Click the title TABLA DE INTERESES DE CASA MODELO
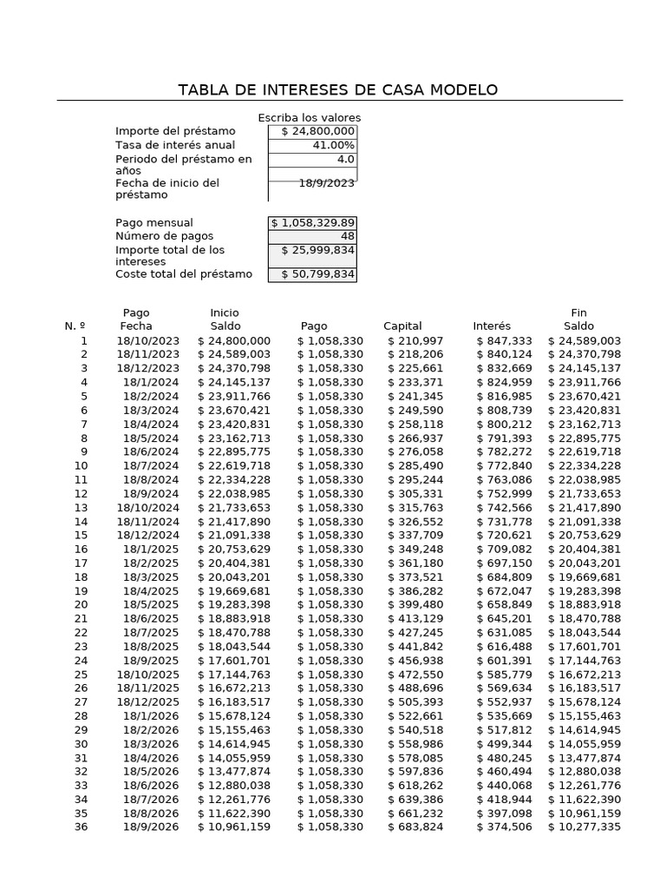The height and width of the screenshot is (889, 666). point(337,90)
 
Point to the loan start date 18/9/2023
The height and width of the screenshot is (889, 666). point(326,183)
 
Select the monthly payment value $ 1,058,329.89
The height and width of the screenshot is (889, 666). point(312,223)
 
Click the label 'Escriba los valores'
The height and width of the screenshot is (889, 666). point(309,118)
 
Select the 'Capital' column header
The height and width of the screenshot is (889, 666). point(402,326)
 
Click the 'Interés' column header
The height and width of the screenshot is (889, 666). point(492,326)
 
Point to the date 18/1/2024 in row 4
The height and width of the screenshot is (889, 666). point(151,383)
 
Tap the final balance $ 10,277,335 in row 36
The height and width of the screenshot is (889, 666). point(584,827)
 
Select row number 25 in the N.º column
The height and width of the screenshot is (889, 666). point(81,675)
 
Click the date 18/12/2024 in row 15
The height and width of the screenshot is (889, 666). point(148,536)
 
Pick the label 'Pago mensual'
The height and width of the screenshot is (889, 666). point(154,223)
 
